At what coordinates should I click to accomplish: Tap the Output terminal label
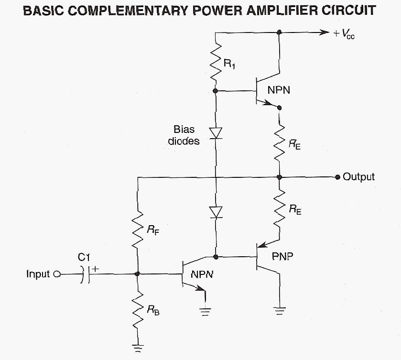pyautogui.click(x=359, y=177)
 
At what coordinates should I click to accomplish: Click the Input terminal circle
pyautogui.click(x=57, y=274)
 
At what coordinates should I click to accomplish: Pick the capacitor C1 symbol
pyautogui.click(x=86, y=274)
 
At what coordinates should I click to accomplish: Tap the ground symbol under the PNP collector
pyautogui.click(x=279, y=311)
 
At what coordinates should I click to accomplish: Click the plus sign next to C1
pyautogui.click(x=95, y=269)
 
